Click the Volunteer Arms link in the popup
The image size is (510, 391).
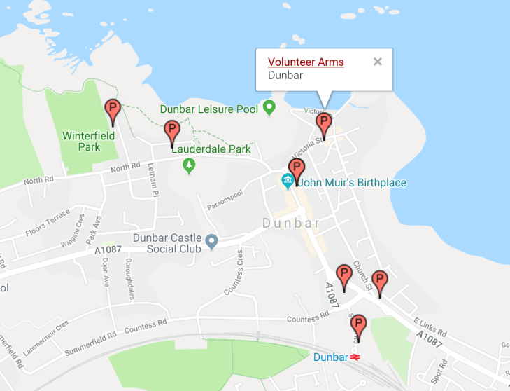click(306, 62)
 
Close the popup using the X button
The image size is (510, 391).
click(378, 62)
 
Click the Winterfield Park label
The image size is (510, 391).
click(81, 142)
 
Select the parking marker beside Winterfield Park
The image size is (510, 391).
click(112, 111)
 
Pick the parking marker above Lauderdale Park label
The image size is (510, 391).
click(171, 132)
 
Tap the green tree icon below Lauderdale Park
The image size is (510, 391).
click(188, 165)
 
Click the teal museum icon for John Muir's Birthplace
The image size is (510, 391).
click(287, 182)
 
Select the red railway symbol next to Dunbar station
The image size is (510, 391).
click(355, 357)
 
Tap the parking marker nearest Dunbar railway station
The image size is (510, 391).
click(358, 326)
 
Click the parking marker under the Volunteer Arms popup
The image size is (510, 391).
click(323, 125)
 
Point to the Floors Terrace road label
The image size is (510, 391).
click(48, 222)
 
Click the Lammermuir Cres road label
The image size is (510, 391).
click(45, 333)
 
